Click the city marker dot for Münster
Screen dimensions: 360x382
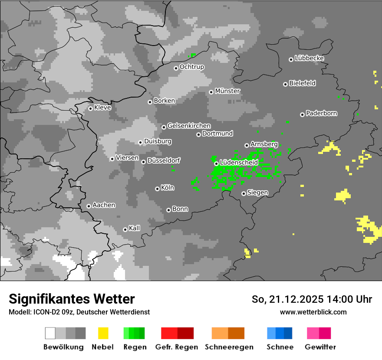[211, 92]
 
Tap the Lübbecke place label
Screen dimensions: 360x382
[309, 58]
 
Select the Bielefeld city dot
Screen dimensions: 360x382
[286, 84]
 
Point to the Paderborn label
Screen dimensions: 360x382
[321, 113]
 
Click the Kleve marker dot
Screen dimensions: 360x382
[90, 108]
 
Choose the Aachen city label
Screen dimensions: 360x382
[104, 205]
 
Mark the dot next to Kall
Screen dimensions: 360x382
[125, 229]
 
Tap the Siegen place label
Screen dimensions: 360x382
[257, 193]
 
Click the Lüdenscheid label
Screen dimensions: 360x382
[239, 162]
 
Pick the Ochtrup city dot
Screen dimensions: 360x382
[176, 68]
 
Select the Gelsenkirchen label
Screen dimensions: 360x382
[189, 126]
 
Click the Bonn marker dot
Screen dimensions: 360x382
[168, 210]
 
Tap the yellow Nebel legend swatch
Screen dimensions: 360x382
[103, 333]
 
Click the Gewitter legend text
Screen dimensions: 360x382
[320, 347]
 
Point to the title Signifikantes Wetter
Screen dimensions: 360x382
[72, 299]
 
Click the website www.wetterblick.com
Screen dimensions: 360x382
[313, 312]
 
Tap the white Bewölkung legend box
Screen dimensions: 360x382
[50, 333]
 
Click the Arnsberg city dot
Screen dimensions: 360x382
[247, 145]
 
